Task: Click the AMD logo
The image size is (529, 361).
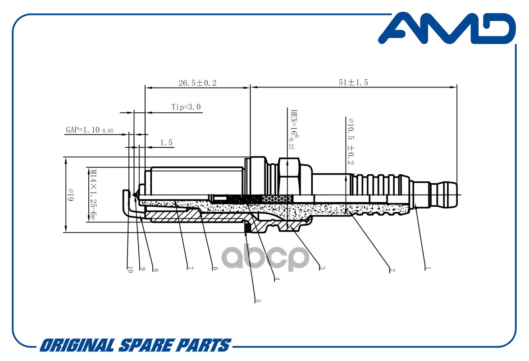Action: tap(447, 28)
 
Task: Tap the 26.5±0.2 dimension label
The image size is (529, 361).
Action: tap(197, 83)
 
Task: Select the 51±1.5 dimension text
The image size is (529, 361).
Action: tap(353, 82)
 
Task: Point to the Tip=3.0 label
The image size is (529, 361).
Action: tap(186, 107)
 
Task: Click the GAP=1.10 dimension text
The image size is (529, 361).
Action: tap(89, 130)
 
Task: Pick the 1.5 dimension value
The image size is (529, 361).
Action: tap(166, 143)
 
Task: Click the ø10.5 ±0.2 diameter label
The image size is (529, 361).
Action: tap(351, 141)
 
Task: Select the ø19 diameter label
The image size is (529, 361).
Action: tap(70, 194)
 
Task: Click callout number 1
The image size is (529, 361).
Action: tap(428, 268)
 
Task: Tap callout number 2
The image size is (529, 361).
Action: tap(392, 270)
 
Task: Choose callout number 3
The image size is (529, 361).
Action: tap(322, 268)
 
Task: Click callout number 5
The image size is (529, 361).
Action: tap(258, 300)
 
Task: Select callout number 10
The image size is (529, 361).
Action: tap(130, 269)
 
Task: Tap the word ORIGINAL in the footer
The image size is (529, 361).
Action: tap(77, 346)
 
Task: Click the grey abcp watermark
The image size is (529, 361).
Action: tap(265, 258)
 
